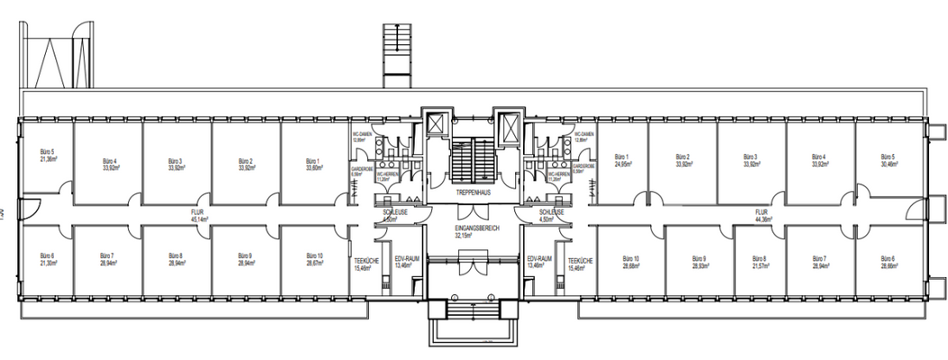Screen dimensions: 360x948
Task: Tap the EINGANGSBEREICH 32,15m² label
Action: pos(476,232)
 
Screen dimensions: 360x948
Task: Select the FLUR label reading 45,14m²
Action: pos(197,215)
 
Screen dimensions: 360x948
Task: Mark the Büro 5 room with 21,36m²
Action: pos(47,155)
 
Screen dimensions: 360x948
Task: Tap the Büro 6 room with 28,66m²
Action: pos(889,264)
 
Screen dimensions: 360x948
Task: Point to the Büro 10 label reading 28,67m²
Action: pos(314,261)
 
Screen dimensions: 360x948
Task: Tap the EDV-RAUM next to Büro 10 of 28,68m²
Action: pos(537,263)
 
